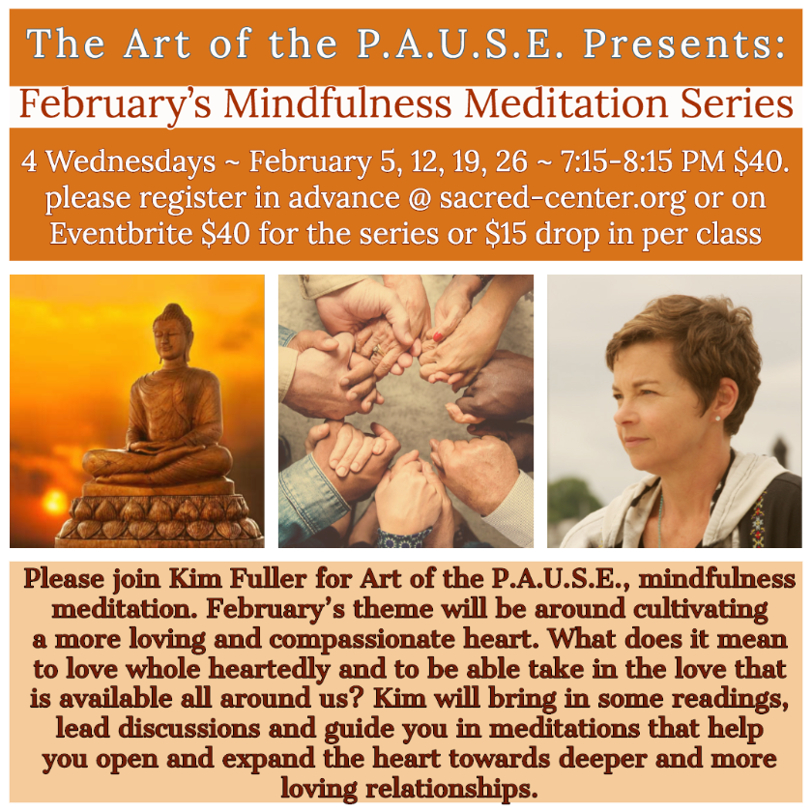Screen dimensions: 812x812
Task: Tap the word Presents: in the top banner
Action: pyautogui.click(x=684, y=44)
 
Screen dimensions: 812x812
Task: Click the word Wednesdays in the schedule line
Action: pyautogui.click(x=131, y=161)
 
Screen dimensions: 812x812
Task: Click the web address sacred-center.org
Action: pyautogui.click(x=563, y=198)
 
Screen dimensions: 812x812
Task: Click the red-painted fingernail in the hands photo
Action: pyautogui.click(x=438, y=337)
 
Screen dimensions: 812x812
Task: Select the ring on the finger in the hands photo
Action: pyautogui.click(x=378, y=350)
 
